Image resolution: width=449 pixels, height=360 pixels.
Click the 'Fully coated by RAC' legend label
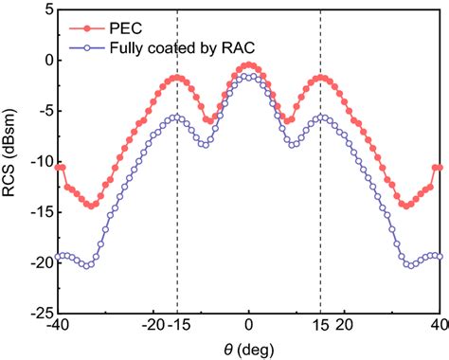[169, 44]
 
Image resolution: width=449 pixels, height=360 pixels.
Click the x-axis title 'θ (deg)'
[248, 348]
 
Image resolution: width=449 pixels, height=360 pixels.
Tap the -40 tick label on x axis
[59, 325]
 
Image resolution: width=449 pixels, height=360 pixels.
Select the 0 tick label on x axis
[248, 325]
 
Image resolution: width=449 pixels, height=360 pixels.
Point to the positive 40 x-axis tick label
[437, 325]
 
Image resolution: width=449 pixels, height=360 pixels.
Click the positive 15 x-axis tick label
[319, 325]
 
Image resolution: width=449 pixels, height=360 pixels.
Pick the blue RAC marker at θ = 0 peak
[248, 76]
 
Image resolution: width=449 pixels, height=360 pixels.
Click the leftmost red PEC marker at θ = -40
[59, 167]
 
